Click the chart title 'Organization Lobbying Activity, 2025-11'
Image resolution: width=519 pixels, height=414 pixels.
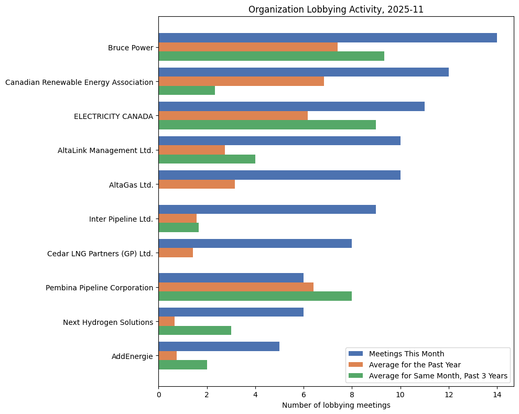[336, 9]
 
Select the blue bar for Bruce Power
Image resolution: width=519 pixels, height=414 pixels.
[327, 38]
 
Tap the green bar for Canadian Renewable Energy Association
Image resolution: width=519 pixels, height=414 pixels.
[187, 90]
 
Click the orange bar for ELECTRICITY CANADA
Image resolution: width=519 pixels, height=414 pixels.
[233, 115]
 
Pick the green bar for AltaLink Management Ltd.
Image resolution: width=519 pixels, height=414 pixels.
[207, 159]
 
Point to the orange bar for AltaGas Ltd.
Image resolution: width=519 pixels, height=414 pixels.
[197, 184]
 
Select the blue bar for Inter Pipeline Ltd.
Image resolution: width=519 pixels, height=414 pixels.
[267, 209]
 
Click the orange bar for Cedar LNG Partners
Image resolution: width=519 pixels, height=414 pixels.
[176, 253]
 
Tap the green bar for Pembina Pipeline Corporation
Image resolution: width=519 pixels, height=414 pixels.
[255, 296]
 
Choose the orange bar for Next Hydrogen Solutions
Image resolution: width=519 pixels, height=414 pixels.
[166, 321]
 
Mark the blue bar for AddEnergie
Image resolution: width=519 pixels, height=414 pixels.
[219, 346]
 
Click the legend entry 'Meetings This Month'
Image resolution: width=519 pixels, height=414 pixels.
[406, 353]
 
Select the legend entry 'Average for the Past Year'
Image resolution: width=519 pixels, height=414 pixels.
[414, 364]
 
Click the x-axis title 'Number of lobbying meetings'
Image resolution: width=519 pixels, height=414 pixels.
[336, 405]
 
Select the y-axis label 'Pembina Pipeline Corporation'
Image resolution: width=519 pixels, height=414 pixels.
[99, 287]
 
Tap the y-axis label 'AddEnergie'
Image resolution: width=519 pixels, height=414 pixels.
[132, 356]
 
